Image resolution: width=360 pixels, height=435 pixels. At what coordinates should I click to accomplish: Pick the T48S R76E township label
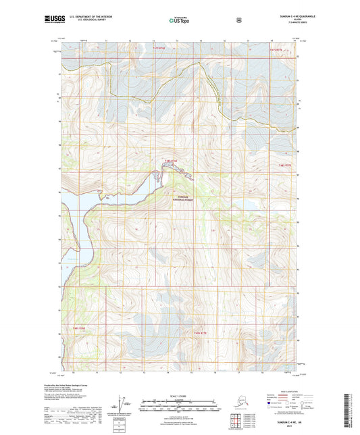[x=170, y=161]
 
